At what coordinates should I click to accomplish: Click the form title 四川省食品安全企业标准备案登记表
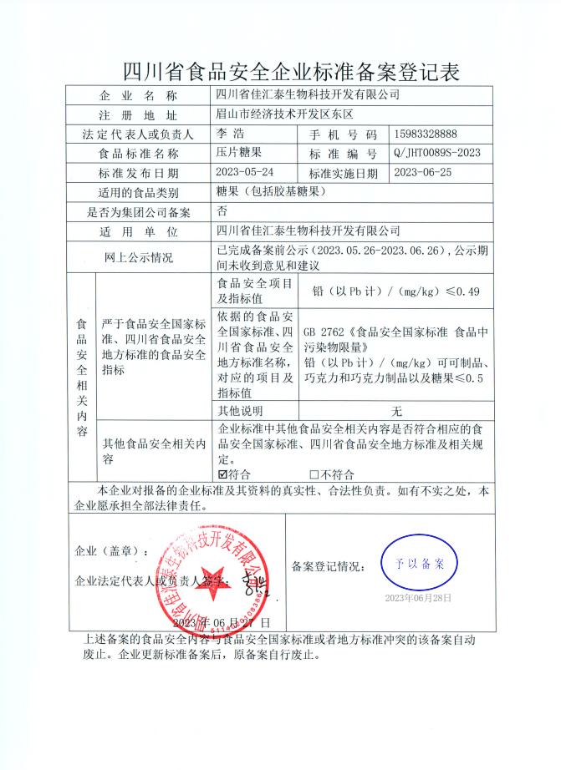click(280, 70)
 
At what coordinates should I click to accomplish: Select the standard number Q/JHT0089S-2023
click(436, 154)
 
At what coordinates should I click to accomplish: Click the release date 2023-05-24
click(244, 173)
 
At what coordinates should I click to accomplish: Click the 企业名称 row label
click(138, 95)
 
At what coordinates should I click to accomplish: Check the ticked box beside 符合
click(222, 474)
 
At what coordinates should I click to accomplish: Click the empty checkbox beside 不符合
click(314, 474)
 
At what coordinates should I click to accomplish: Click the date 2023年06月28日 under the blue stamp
click(418, 598)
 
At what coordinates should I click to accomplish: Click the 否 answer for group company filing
click(222, 211)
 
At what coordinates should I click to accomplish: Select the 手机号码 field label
click(344, 134)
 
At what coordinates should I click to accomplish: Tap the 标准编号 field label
click(344, 154)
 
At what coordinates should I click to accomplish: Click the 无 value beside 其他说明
click(397, 411)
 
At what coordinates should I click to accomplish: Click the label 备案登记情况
click(329, 566)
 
